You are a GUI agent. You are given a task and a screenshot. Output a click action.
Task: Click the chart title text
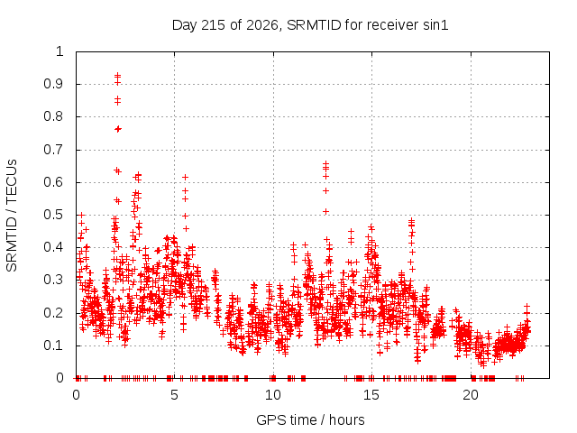310,25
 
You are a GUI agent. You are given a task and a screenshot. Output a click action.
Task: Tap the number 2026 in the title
261,25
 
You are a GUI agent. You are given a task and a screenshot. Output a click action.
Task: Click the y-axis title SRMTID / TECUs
12,216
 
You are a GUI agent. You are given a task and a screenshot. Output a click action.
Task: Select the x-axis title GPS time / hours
310,419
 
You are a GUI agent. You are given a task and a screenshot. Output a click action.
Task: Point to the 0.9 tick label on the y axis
53,84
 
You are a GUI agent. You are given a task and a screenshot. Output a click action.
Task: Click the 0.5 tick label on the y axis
53,215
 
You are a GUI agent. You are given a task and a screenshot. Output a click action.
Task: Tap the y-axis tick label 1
60,51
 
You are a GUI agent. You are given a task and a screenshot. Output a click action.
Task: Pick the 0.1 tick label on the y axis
53,345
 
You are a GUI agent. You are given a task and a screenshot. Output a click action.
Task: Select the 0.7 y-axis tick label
53,150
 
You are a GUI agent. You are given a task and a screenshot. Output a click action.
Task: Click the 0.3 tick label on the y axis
53,280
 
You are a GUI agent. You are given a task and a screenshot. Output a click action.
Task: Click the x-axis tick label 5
174,395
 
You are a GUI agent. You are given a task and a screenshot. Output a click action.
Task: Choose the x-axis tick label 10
273,395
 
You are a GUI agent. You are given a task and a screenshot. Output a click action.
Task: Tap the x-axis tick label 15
371,395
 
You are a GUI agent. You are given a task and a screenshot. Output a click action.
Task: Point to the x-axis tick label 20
471,395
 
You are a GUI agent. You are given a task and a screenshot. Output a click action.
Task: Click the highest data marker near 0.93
118,75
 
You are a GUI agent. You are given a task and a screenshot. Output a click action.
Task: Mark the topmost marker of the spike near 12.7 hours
325,163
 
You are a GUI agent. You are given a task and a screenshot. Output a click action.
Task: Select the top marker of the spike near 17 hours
411,220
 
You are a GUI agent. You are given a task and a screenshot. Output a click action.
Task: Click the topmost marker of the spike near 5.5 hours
186,178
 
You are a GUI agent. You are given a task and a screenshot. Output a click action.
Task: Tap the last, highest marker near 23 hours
527,307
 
